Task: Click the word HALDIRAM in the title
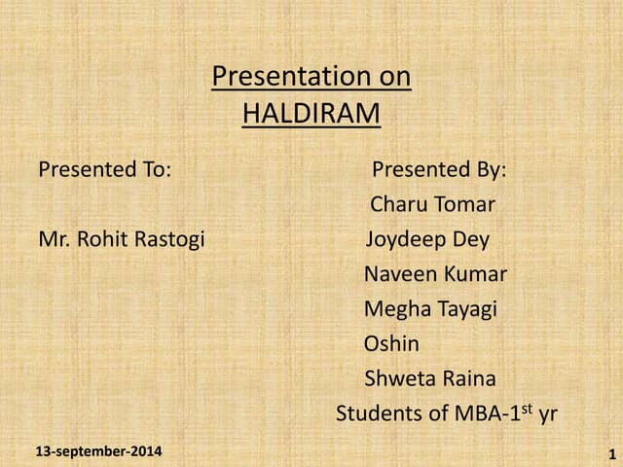pos(311,114)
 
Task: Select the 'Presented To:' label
pos(104,169)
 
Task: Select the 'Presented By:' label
pos(438,169)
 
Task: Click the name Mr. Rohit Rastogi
pos(122,239)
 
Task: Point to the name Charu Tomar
pos(432,205)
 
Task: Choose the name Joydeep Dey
pos(427,239)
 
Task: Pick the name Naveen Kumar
pos(435,274)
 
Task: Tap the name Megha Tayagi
pos(430,309)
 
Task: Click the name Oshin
pos(391,344)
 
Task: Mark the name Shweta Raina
pos(429,378)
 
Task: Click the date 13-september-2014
pos(98,451)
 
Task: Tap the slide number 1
pos(610,453)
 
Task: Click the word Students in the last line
pos(376,413)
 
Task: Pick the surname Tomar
pos(463,205)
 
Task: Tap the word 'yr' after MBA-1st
pos(547,414)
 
